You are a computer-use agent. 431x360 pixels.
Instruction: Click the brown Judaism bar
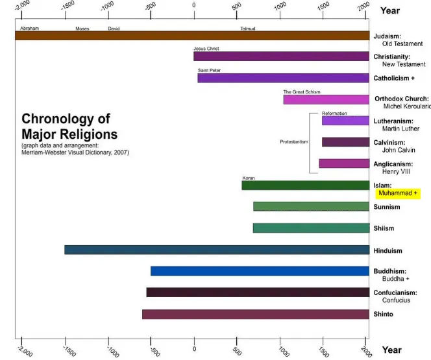pos(192,36)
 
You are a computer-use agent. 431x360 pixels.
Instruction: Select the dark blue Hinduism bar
pos(216,250)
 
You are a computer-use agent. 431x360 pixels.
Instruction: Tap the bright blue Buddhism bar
pos(260,271)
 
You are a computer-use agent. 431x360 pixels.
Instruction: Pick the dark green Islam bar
pos(305,186)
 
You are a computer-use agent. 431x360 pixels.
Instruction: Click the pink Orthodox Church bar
pos(326,100)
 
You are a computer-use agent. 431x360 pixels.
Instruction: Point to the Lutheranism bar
pos(345,121)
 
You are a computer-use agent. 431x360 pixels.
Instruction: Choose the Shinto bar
pos(255,315)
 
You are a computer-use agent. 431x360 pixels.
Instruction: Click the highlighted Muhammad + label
pos(399,193)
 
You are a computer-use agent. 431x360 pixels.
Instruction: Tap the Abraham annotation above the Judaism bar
pos(30,29)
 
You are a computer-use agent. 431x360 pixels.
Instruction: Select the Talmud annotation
pos(248,29)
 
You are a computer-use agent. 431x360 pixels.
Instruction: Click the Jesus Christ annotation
pos(206,49)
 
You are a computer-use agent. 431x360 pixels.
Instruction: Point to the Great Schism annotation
pos(301,92)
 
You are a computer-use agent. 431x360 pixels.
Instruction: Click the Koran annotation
pos(249,178)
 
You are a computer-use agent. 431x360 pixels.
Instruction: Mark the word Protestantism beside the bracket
pos(294,141)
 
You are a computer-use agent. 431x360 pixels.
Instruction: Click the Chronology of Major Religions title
pos(69,127)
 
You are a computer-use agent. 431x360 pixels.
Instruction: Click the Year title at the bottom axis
pos(391,350)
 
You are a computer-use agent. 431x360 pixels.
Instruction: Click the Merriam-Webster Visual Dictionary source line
pos(75,153)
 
